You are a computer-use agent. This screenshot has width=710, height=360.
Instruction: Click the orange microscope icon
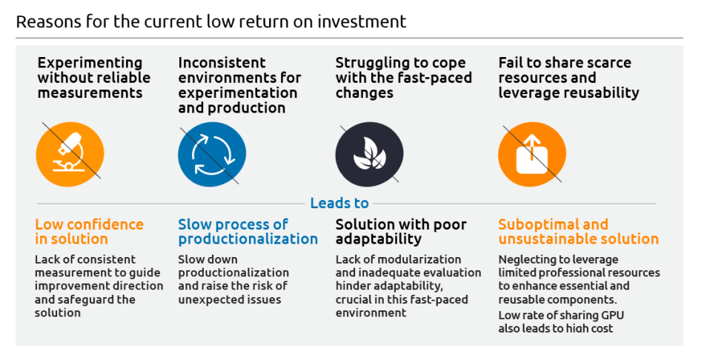pos(70,154)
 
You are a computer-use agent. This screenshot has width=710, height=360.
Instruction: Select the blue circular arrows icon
pos(212,154)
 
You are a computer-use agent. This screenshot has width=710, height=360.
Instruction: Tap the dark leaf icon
pos(370,154)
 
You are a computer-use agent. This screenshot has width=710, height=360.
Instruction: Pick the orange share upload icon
pos(532,154)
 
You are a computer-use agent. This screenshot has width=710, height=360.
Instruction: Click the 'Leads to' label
pos(339,203)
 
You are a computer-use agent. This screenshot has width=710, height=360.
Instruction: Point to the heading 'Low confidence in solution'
pos(89,231)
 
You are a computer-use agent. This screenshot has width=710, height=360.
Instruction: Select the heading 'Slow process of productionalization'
pos(248,231)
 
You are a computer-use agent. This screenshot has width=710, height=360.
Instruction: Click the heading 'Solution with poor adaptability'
pos(401,231)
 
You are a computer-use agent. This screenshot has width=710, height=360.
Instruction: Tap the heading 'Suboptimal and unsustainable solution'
pos(579,231)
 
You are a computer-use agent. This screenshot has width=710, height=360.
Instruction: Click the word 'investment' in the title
pos(362,21)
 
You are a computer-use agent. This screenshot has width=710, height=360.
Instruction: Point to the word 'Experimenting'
pos(90,63)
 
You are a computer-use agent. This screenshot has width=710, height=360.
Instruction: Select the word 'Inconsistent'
pos(222,62)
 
